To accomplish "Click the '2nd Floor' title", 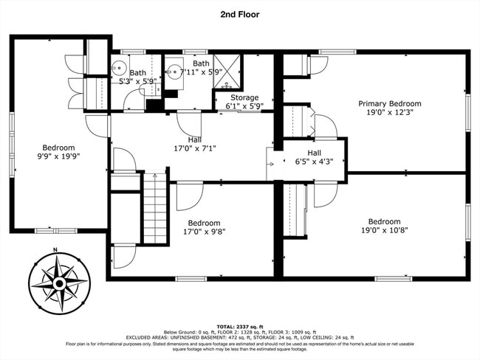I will (x=239, y=13).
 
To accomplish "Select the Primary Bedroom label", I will (x=389, y=104).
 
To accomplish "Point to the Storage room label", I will (x=244, y=97).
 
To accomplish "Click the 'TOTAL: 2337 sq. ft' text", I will (x=239, y=325).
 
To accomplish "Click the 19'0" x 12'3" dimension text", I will (x=389, y=114).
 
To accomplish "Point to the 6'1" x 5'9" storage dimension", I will (x=244, y=106).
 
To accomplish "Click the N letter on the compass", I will (x=55, y=252).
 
